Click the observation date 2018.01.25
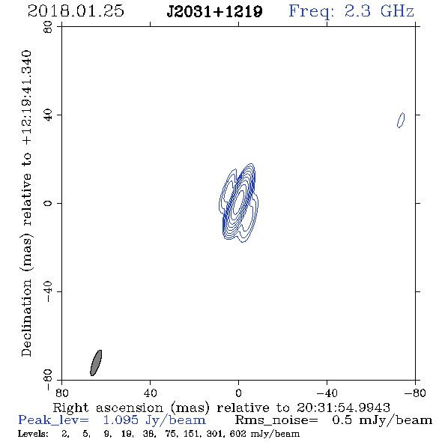pos(76,11)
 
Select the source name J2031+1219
pos(214,12)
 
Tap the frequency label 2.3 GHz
pos(379,11)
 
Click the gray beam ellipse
pos(96,363)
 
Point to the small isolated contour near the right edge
pos(401,120)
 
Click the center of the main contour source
pos(238,203)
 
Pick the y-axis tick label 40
pos(48,115)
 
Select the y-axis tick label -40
pos(48,291)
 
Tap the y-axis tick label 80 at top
pos(48,27)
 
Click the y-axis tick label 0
pos(48,203)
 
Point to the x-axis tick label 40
pos(150,393)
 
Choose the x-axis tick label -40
pos(327,393)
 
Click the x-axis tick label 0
pos(238,393)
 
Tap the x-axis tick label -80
pos(415,393)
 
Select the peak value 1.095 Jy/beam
pos(154,420)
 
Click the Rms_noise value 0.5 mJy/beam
pos(381,420)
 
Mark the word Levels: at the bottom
pos(33,434)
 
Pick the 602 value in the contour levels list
pos(238,434)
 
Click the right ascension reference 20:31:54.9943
pos(343,408)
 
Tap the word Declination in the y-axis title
pos(26,318)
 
